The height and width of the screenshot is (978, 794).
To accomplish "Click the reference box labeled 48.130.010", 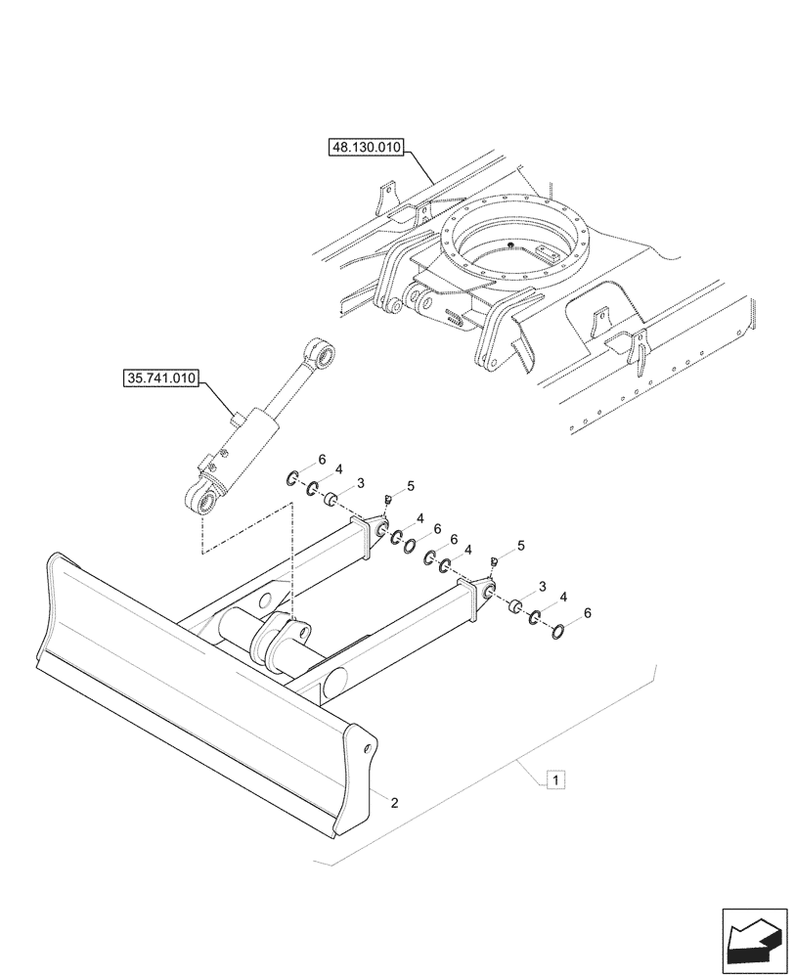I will (366, 149).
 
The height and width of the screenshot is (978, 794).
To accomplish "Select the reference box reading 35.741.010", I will (161, 377).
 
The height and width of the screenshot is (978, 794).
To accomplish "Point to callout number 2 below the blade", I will (393, 803).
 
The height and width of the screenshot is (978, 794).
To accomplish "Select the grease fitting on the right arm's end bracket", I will (495, 561).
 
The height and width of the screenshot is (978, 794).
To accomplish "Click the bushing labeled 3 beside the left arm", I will (331, 501).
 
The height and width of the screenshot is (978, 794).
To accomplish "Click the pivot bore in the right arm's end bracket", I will (487, 589).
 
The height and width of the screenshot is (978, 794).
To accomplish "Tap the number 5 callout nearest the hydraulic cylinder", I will (411, 486).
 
